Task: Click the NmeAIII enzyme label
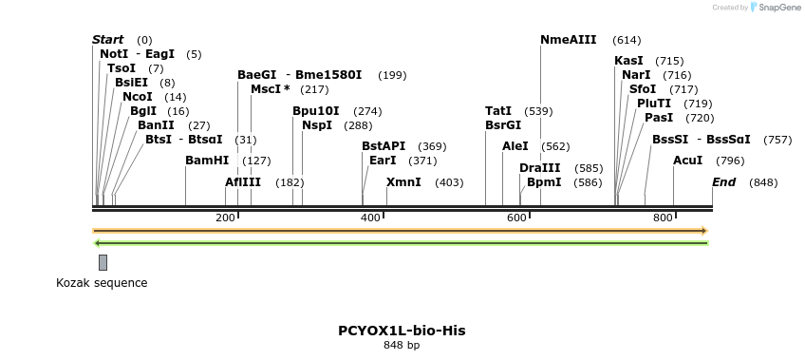pyautogui.click(x=568, y=40)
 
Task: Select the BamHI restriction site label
pyautogui.click(x=207, y=161)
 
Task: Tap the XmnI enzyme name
pyautogui.click(x=403, y=182)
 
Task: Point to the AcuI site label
pyautogui.click(x=687, y=161)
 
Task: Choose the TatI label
pyautogui.click(x=498, y=111)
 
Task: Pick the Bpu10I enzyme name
pyautogui.click(x=315, y=111)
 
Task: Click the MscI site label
pyautogui.click(x=270, y=89)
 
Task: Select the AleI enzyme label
pyautogui.click(x=515, y=146)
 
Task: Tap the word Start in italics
pyautogui.click(x=107, y=40)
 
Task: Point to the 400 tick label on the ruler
pyautogui.click(x=371, y=218)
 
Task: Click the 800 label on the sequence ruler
pyautogui.click(x=663, y=218)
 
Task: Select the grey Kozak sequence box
pyautogui.click(x=103, y=262)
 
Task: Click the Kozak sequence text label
pyautogui.click(x=102, y=282)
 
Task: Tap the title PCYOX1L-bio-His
pyautogui.click(x=402, y=331)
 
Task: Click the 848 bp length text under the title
pyautogui.click(x=402, y=346)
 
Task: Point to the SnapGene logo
pyautogui.click(x=777, y=8)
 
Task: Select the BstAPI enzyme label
pyautogui.click(x=384, y=146)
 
